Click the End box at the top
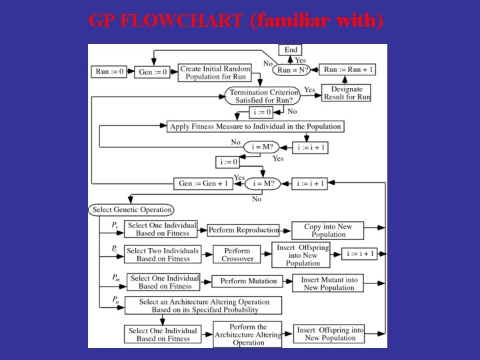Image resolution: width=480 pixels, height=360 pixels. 291,50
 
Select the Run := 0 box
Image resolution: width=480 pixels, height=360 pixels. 110,72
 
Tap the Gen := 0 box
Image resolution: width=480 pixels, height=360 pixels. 153,72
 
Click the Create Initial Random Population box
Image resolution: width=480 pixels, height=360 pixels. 215,73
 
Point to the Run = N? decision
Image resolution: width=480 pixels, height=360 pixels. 293,69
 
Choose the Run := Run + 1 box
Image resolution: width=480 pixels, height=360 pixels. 348,69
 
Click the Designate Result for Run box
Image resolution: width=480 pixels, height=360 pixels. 347,93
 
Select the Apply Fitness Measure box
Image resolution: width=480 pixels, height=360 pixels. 255,126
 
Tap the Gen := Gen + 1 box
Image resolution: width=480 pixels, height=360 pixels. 203,183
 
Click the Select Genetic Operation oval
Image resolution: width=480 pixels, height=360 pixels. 132,209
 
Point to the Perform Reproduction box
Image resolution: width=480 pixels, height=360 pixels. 243,230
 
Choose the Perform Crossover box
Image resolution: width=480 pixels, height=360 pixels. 237,254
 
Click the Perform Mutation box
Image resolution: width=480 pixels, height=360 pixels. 248,281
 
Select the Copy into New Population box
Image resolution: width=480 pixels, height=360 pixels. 328,231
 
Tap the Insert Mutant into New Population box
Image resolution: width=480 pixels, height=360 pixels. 329,283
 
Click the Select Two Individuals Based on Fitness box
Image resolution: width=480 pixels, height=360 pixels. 163,255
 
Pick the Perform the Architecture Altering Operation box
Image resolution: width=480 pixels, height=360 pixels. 248,335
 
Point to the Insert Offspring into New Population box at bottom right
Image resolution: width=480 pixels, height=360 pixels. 330,334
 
